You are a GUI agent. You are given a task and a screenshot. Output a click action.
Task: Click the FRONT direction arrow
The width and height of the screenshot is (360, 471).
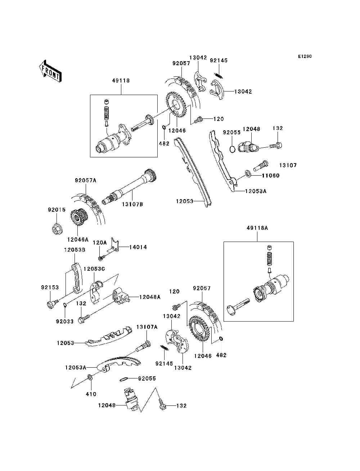tap(50, 71)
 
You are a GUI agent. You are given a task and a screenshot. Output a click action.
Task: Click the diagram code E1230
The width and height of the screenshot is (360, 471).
tap(305, 57)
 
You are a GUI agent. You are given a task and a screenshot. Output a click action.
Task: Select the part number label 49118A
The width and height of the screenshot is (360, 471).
tap(257, 228)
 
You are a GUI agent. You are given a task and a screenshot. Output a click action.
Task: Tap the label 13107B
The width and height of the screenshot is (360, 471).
tap(132, 204)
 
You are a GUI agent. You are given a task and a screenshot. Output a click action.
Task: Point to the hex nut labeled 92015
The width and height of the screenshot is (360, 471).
tap(57, 230)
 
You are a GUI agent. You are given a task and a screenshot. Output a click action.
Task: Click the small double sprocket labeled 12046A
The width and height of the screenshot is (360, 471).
tap(77, 217)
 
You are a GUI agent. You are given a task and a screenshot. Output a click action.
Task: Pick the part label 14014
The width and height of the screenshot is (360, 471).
tap(138, 247)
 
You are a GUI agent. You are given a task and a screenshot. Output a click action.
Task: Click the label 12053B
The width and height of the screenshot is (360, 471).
tap(75, 250)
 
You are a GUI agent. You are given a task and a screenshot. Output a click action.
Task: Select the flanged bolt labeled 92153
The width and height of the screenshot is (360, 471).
tap(52, 304)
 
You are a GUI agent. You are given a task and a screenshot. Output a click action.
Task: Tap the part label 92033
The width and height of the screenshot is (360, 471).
tap(64, 322)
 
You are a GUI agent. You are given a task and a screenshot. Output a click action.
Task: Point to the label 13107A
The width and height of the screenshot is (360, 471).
tap(147, 327)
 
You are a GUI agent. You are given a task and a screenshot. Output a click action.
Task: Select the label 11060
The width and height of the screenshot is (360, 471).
tap(270, 175)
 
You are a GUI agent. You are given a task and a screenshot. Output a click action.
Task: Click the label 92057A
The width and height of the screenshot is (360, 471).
tap(86, 180)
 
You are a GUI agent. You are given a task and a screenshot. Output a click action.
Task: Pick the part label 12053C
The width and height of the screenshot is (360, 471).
tap(94, 269)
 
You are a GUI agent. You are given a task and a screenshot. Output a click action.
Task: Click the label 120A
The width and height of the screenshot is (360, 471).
tap(100, 243)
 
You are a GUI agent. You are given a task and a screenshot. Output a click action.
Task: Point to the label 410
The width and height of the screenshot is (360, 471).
tap(91, 394)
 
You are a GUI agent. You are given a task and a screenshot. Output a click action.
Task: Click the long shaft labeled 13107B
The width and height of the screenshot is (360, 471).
tap(129, 187)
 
